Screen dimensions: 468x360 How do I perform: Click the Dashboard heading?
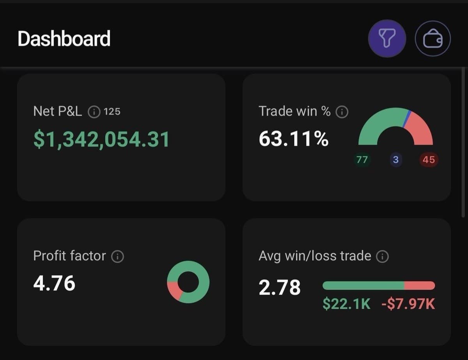pyautogui.click(x=64, y=39)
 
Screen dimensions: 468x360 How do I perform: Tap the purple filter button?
pyautogui.click(x=387, y=38)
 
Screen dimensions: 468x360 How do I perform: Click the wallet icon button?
pyautogui.click(x=433, y=39)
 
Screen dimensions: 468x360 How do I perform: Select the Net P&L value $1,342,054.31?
pyautogui.click(x=101, y=139)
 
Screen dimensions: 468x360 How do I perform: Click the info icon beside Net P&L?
pyautogui.click(x=94, y=112)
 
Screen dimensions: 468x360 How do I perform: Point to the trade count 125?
pyautogui.click(x=112, y=112)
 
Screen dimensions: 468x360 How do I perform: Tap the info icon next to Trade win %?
pyautogui.click(x=342, y=112)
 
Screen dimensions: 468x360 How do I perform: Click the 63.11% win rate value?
pyautogui.click(x=294, y=139)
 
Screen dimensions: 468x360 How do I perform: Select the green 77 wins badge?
pyautogui.click(x=362, y=160)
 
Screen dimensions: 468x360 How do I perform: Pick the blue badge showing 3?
pyautogui.click(x=395, y=160)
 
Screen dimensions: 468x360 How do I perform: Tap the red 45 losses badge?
pyautogui.click(x=429, y=160)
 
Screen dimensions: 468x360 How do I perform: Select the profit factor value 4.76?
pyautogui.click(x=54, y=283)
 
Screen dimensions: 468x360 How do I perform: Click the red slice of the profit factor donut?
pyautogui.click(x=174, y=291)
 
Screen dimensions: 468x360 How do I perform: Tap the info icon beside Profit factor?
pyautogui.click(x=117, y=256)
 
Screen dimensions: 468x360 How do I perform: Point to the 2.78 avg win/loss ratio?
pyautogui.click(x=280, y=287)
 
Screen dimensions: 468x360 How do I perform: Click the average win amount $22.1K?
pyautogui.click(x=346, y=304)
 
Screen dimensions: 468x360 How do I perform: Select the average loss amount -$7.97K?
pyautogui.click(x=408, y=304)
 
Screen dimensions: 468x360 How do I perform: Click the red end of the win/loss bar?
pyautogui.click(x=420, y=286)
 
